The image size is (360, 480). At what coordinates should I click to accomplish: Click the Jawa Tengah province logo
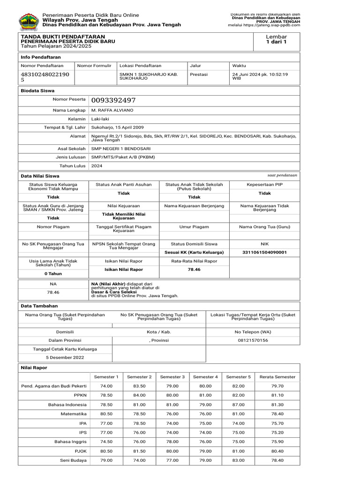pyautogui.click(x=29, y=21)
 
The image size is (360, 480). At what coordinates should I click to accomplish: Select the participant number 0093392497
pyautogui.click(x=113, y=100)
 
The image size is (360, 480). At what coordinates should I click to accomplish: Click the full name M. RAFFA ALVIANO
pyautogui.click(x=112, y=110)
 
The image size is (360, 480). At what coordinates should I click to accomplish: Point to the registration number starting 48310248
pyautogui.click(x=45, y=77)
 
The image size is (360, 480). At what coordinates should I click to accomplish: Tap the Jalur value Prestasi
pyautogui.click(x=199, y=74)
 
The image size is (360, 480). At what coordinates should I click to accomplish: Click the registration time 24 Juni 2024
pyautogui.click(x=260, y=74)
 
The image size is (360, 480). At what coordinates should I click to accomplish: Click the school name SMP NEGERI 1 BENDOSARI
pyautogui.click(x=119, y=149)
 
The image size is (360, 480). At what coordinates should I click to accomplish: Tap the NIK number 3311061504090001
pyautogui.click(x=264, y=252)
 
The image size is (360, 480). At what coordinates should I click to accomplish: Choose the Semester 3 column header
pyautogui.click(x=172, y=377)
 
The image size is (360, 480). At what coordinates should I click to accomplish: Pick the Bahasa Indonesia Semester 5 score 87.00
pyautogui.click(x=238, y=405)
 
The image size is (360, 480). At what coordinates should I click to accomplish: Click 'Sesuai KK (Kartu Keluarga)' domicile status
pyautogui.click(x=194, y=252)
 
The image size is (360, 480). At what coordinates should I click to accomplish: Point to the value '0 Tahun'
pyautogui.click(x=53, y=273)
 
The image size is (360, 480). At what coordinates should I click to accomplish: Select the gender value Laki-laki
pyautogui.click(x=100, y=119)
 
